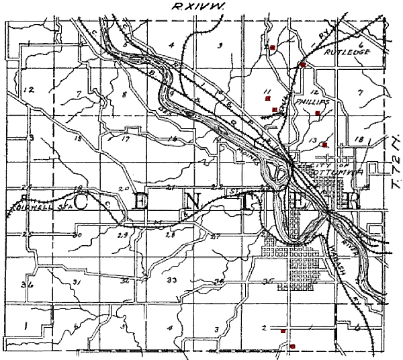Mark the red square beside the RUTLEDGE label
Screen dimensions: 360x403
coord(303,64)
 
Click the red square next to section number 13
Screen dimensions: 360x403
coord(324,144)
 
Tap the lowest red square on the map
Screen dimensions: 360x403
coord(292,346)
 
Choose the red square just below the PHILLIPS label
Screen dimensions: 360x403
coord(317,114)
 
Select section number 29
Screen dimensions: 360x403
coord(123,236)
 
